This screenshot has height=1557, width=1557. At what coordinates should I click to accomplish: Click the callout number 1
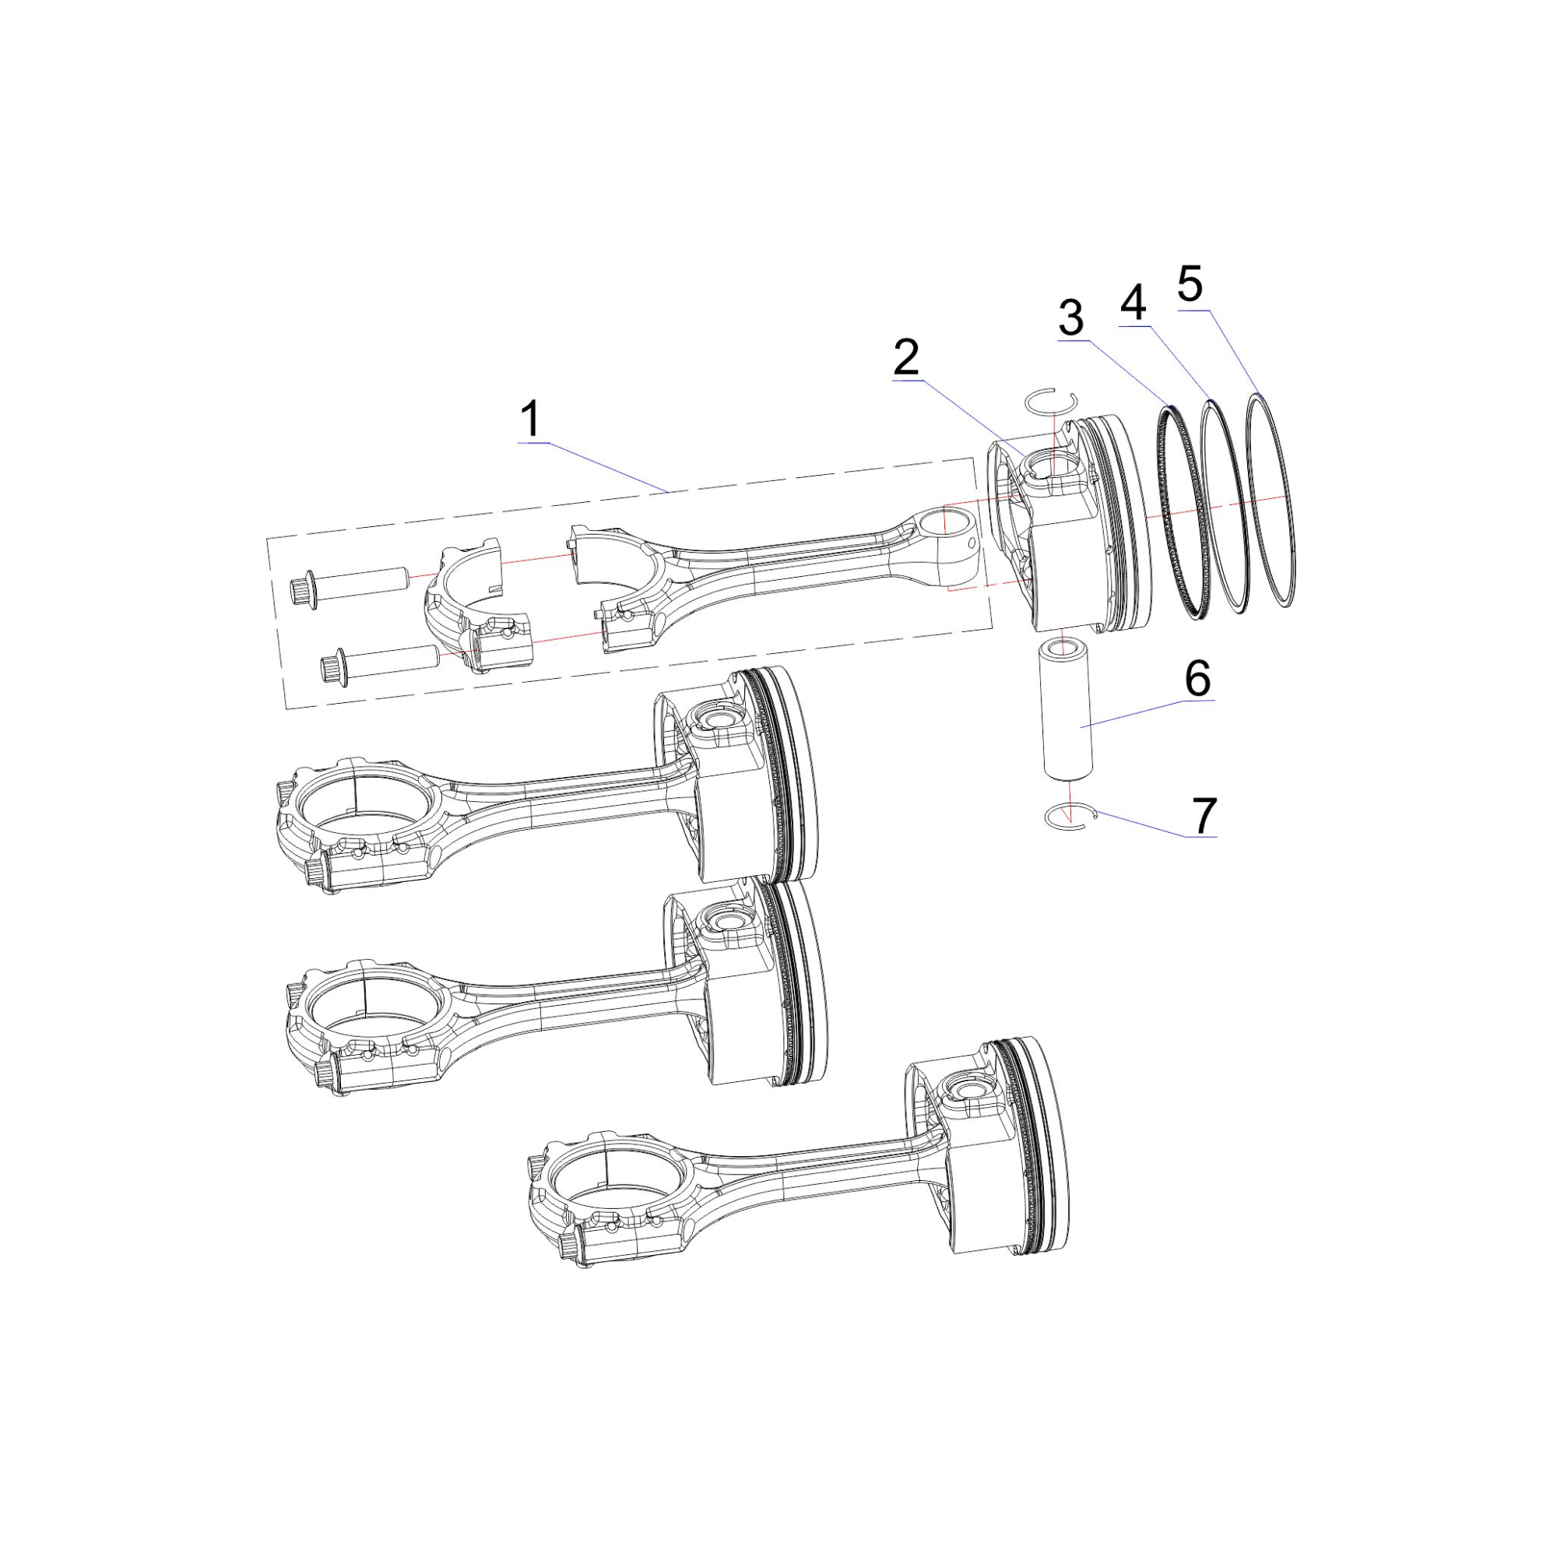click(530, 420)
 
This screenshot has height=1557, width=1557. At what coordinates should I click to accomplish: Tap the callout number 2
click(907, 357)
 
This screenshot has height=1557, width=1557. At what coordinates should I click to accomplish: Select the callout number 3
click(1071, 318)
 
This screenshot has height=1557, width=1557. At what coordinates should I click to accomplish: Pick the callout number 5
click(1190, 283)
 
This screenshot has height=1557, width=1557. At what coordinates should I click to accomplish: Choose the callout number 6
click(1197, 678)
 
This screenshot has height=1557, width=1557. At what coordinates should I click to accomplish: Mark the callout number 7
click(1204, 816)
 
